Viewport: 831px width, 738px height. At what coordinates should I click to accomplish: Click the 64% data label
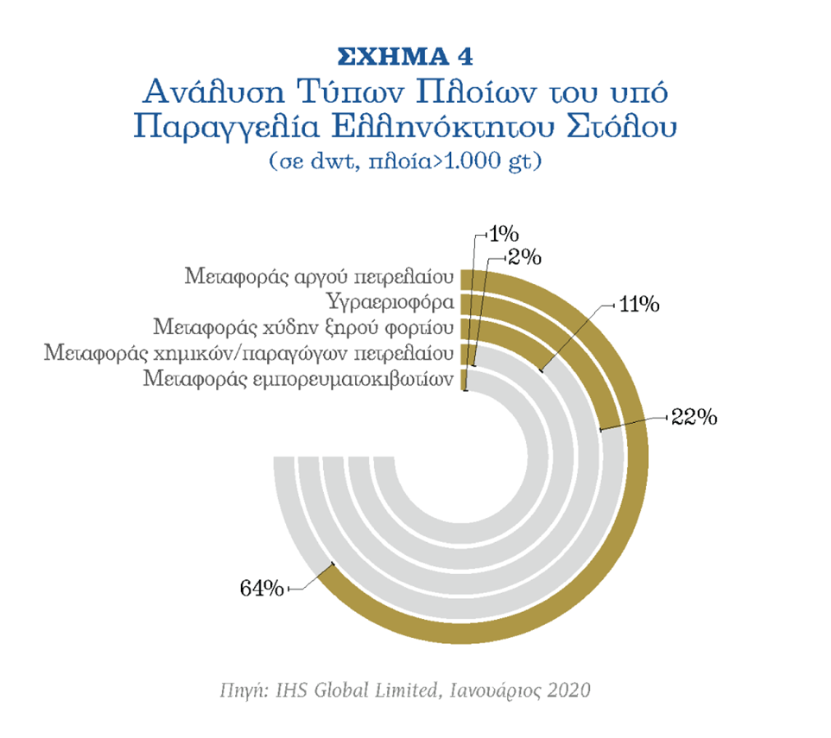click(x=262, y=589)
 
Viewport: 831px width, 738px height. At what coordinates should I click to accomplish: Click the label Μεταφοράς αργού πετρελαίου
click(x=320, y=278)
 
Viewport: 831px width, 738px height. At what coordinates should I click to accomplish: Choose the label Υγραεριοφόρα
click(x=391, y=303)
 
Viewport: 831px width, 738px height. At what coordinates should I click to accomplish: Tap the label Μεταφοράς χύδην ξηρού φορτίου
click(x=303, y=328)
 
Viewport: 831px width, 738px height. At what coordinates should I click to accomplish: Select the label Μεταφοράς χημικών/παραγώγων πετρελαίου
click(x=249, y=354)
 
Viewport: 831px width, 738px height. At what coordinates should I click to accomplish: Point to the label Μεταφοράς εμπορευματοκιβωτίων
click(x=299, y=379)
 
